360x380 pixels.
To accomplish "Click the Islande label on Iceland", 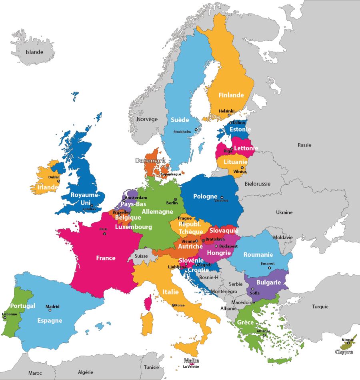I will coord(34,52).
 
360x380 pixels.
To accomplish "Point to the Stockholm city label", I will coord(182,132).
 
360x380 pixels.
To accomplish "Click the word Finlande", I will coord(231,95).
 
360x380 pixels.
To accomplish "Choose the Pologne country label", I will coord(205,196).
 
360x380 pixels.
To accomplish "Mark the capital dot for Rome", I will coord(173,305).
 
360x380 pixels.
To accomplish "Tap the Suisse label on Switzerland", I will coord(141,256).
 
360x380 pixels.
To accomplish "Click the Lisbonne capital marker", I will coord(5,318).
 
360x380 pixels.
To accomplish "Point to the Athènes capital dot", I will coord(264,335).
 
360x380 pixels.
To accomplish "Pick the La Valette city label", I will coord(191,366).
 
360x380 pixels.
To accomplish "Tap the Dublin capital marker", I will coord(58,181).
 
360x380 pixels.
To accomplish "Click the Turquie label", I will coord(320,307).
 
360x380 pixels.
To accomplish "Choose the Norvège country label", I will coord(147,119).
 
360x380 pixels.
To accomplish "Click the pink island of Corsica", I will coord(148,303).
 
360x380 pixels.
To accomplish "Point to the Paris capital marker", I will coord(105,234).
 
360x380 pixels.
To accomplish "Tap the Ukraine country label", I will coord(284,212).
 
